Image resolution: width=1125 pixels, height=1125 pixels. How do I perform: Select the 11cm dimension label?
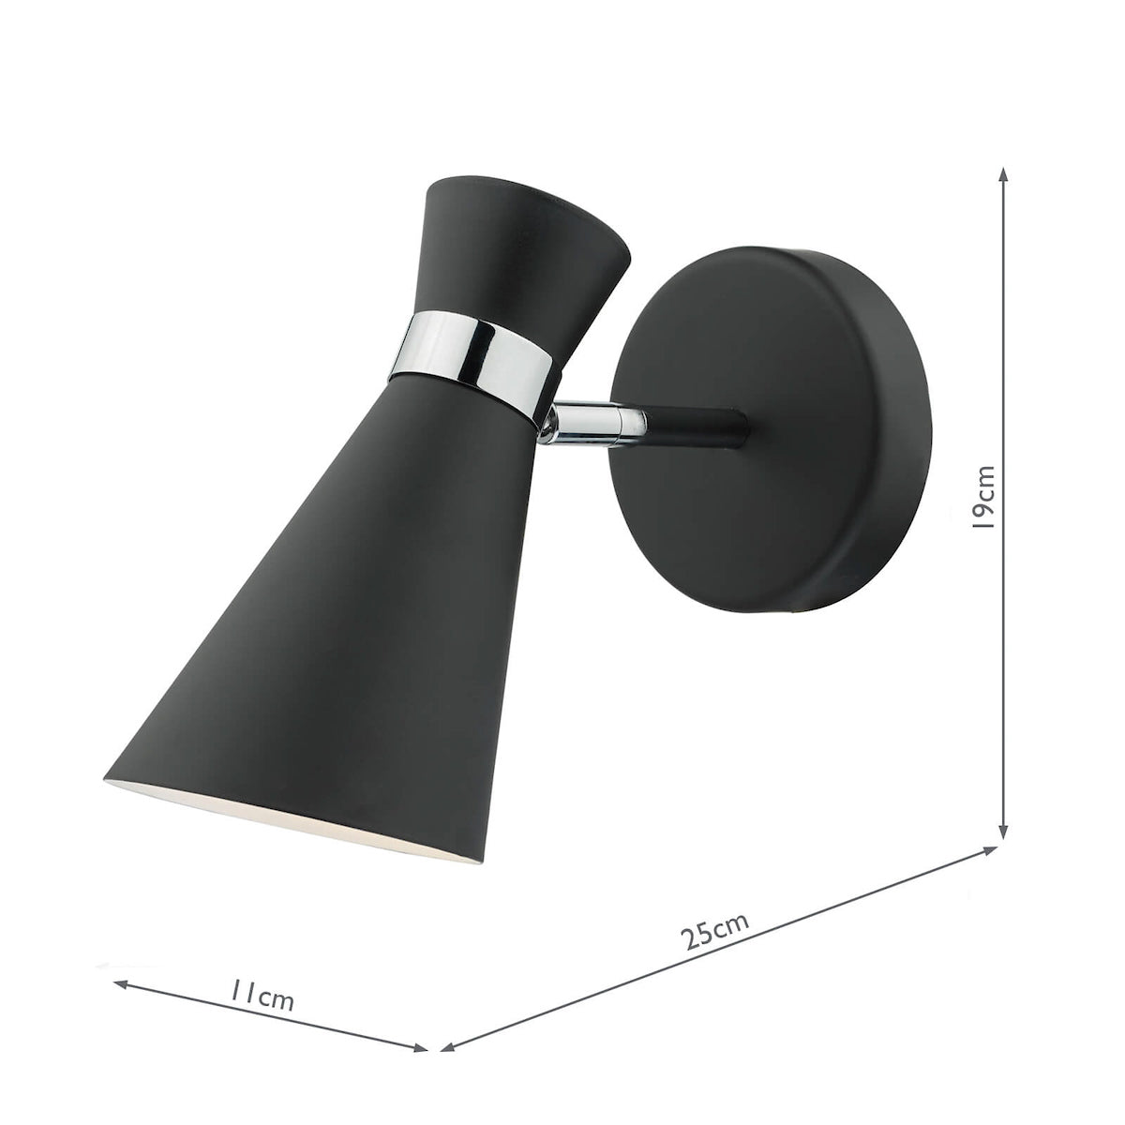pos(262,997)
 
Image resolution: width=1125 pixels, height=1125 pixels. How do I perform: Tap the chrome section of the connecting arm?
pos(591,418)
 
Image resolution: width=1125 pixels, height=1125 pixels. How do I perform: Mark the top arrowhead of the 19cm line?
pos(1004,174)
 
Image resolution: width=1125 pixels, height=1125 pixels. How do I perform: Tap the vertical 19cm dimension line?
pos(1004,375)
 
